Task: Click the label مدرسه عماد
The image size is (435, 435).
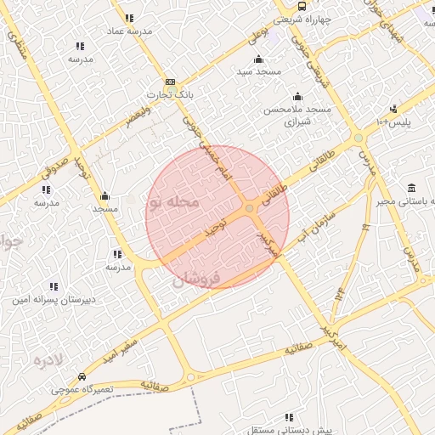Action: coord(129,30)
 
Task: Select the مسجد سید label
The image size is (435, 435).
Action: coord(258,71)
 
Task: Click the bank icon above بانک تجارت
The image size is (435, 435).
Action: coord(170,81)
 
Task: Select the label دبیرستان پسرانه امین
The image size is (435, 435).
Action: coord(54,299)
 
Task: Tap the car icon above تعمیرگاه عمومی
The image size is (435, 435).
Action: coord(81,376)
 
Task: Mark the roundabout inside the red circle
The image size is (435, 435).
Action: coord(249,208)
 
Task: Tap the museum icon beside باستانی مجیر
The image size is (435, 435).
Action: coord(412,188)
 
